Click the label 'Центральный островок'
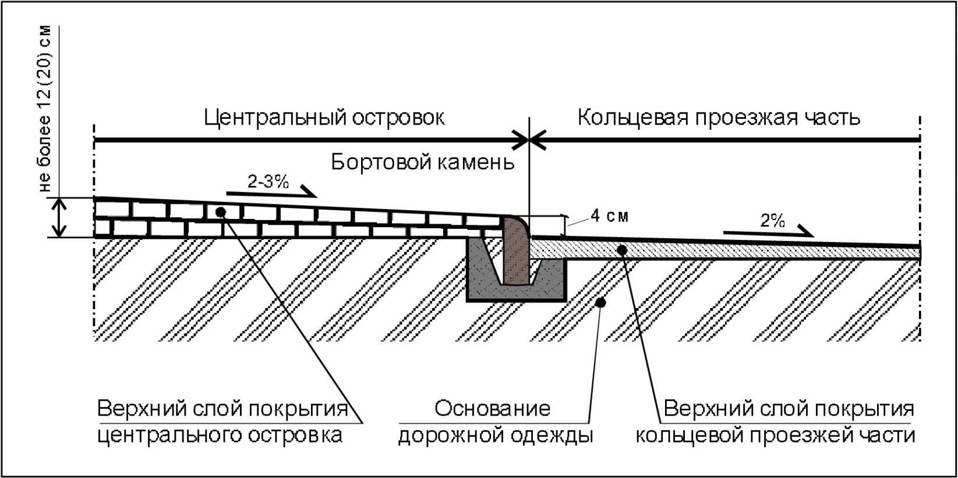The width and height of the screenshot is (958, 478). click(x=324, y=118)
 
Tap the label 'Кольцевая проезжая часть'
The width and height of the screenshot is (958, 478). click(x=719, y=118)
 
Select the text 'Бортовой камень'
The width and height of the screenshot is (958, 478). click(x=423, y=162)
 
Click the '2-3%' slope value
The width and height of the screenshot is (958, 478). click(x=268, y=182)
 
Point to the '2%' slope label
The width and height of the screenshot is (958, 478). click(x=773, y=221)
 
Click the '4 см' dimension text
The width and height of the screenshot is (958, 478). click(x=610, y=216)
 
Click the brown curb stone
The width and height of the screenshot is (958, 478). click(x=516, y=252)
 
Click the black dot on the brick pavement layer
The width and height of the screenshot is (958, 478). click(x=220, y=211)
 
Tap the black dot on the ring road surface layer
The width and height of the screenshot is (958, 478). click(x=622, y=250)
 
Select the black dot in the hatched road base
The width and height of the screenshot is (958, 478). click(x=602, y=302)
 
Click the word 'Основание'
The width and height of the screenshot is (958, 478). click(x=492, y=408)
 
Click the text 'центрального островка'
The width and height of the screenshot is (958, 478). click(x=220, y=435)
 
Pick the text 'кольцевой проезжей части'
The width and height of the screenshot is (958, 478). click(x=775, y=435)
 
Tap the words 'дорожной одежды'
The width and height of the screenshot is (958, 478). click(x=496, y=435)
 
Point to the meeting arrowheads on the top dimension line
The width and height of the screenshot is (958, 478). click(x=529, y=140)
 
